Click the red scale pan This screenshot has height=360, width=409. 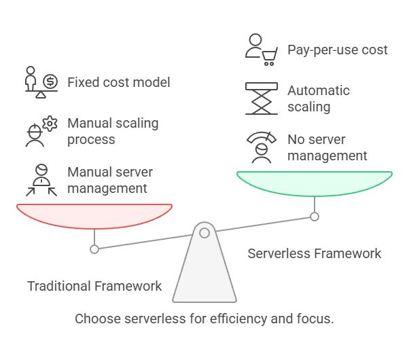pos(94,216)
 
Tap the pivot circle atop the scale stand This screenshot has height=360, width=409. pos(204,233)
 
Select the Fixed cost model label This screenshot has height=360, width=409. pos(118,83)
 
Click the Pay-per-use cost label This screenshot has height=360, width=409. pos(337,50)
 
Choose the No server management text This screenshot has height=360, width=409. pos(327,147)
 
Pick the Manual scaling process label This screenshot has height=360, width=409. pos(112,131)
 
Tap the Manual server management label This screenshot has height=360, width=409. pos(110,180)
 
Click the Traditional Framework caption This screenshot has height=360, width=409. pos(94,286)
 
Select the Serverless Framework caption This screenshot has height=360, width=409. pos(314,253)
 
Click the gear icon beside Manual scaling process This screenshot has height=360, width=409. pos(48,124)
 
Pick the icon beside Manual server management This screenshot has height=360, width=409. pos(41,180)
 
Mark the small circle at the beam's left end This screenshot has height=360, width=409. pos(94,249)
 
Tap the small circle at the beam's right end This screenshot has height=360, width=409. pos(314,217)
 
